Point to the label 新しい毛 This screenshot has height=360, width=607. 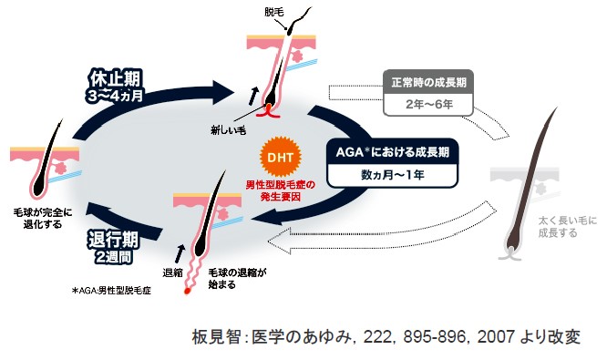[x=230, y=129]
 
